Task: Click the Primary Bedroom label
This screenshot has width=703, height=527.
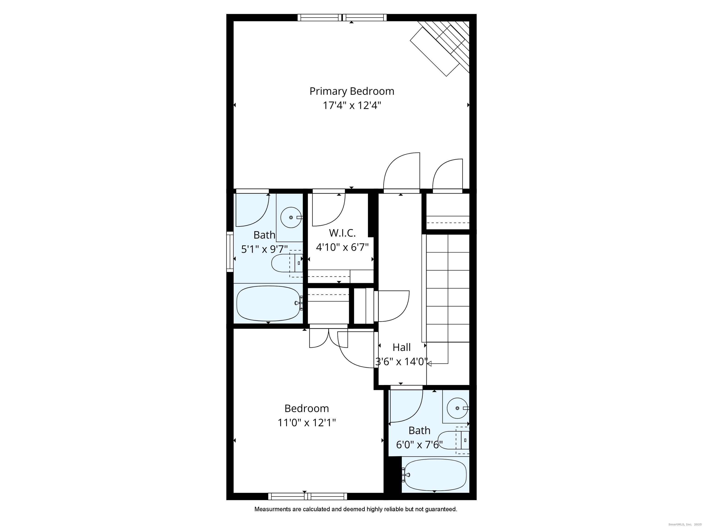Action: tap(352, 91)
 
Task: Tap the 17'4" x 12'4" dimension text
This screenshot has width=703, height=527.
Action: tap(352, 105)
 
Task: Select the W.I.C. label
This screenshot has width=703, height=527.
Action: tap(342, 233)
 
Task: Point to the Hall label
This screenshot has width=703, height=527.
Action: tap(402, 347)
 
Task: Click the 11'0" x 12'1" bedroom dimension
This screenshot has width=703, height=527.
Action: tap(307, 423)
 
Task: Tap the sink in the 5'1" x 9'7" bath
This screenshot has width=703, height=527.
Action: tap(291, 218)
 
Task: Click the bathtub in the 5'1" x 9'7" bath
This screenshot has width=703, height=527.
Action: tap(269, 303)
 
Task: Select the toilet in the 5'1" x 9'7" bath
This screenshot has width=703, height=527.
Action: tap(287, 263)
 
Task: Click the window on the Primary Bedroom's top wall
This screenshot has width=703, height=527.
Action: tap(342, 17)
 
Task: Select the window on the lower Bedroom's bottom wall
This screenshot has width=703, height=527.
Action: tap(308, 496)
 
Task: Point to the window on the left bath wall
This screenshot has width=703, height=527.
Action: tap(230, 252)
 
